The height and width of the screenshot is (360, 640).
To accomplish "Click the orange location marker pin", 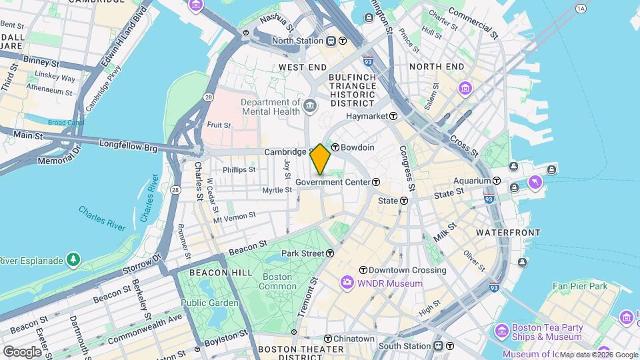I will coord(321,159).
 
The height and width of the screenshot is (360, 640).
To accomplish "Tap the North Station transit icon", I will coord(343,40).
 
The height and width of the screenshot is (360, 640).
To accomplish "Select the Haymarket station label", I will coord(366,116).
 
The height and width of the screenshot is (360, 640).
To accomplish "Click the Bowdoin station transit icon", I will coord(336,147).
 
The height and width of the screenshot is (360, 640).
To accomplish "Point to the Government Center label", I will coord(333,182).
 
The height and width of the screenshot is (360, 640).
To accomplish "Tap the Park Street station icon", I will coord(330,253).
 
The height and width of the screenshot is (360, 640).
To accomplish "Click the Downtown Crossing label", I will coord(407,270).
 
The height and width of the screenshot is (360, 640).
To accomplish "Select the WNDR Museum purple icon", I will coord(347,283).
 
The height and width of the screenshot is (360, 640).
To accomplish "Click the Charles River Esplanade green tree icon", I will coord(73,259).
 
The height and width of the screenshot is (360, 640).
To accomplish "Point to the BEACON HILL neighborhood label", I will coord(221,273).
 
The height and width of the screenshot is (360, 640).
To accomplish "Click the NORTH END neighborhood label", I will coord(437,67).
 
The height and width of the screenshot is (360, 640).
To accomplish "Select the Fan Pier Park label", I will coord(580,286).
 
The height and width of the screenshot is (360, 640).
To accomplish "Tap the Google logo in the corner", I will coord(21,351).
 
